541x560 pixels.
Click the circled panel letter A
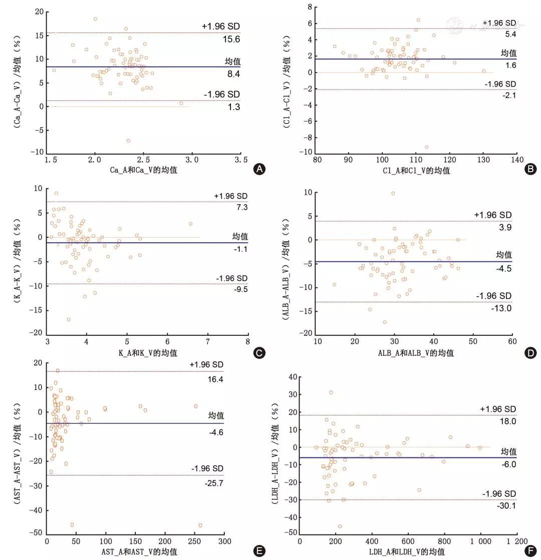point(259,169)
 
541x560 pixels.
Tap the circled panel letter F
point(530,551)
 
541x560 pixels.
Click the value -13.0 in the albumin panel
point(501,308)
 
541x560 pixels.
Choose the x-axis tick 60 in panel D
point(511,341)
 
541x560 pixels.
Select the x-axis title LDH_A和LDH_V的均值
point(408,551)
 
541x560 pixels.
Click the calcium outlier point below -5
point(128,141)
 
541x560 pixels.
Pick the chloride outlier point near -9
point(426,147)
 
